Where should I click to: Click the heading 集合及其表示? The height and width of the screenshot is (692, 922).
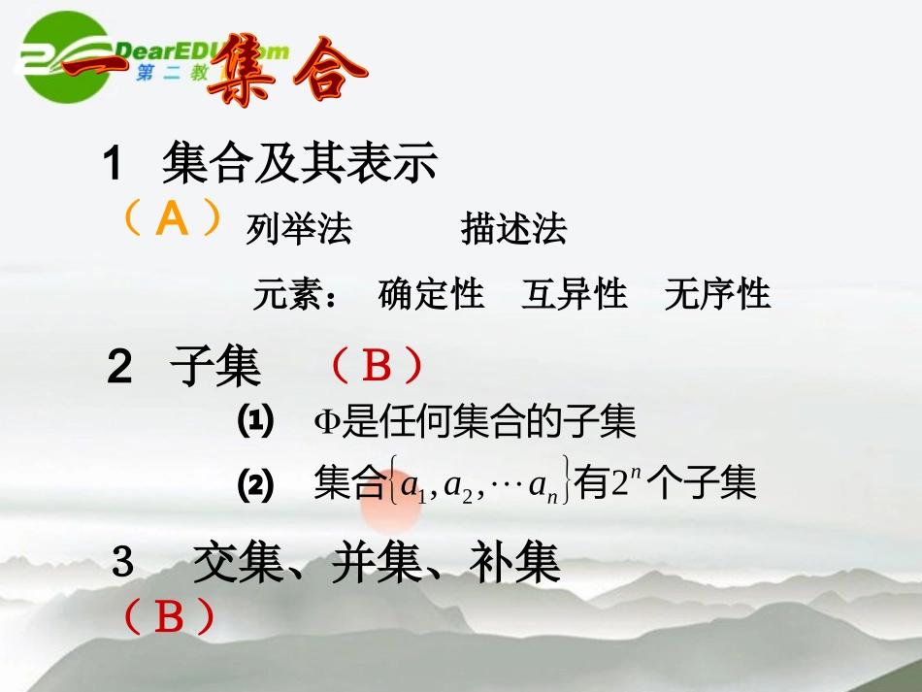[300, 163]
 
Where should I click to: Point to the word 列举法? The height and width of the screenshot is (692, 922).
[299, 230]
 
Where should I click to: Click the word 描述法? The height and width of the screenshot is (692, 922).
[513, 230]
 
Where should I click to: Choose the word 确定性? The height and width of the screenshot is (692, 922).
[430, 293]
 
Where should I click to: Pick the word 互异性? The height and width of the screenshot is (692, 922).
[574, 293]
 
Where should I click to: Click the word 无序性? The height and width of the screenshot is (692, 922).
[717, 293]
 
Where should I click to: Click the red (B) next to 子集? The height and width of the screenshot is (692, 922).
[376, 367]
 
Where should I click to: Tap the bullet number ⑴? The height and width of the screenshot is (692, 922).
[256, 420]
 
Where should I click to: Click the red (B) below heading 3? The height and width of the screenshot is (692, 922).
[169, 617]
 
